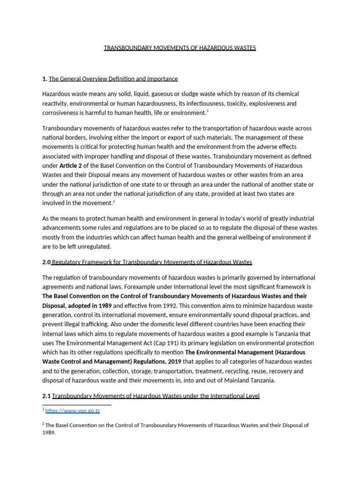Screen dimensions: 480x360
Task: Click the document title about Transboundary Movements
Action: point(180,48)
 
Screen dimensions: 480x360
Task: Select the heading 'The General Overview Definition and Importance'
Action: point(113,79)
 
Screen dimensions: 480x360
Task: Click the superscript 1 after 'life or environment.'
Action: point(208,111)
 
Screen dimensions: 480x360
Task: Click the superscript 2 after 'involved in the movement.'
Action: point(114,201)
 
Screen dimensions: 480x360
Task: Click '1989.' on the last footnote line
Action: point(49,433)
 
